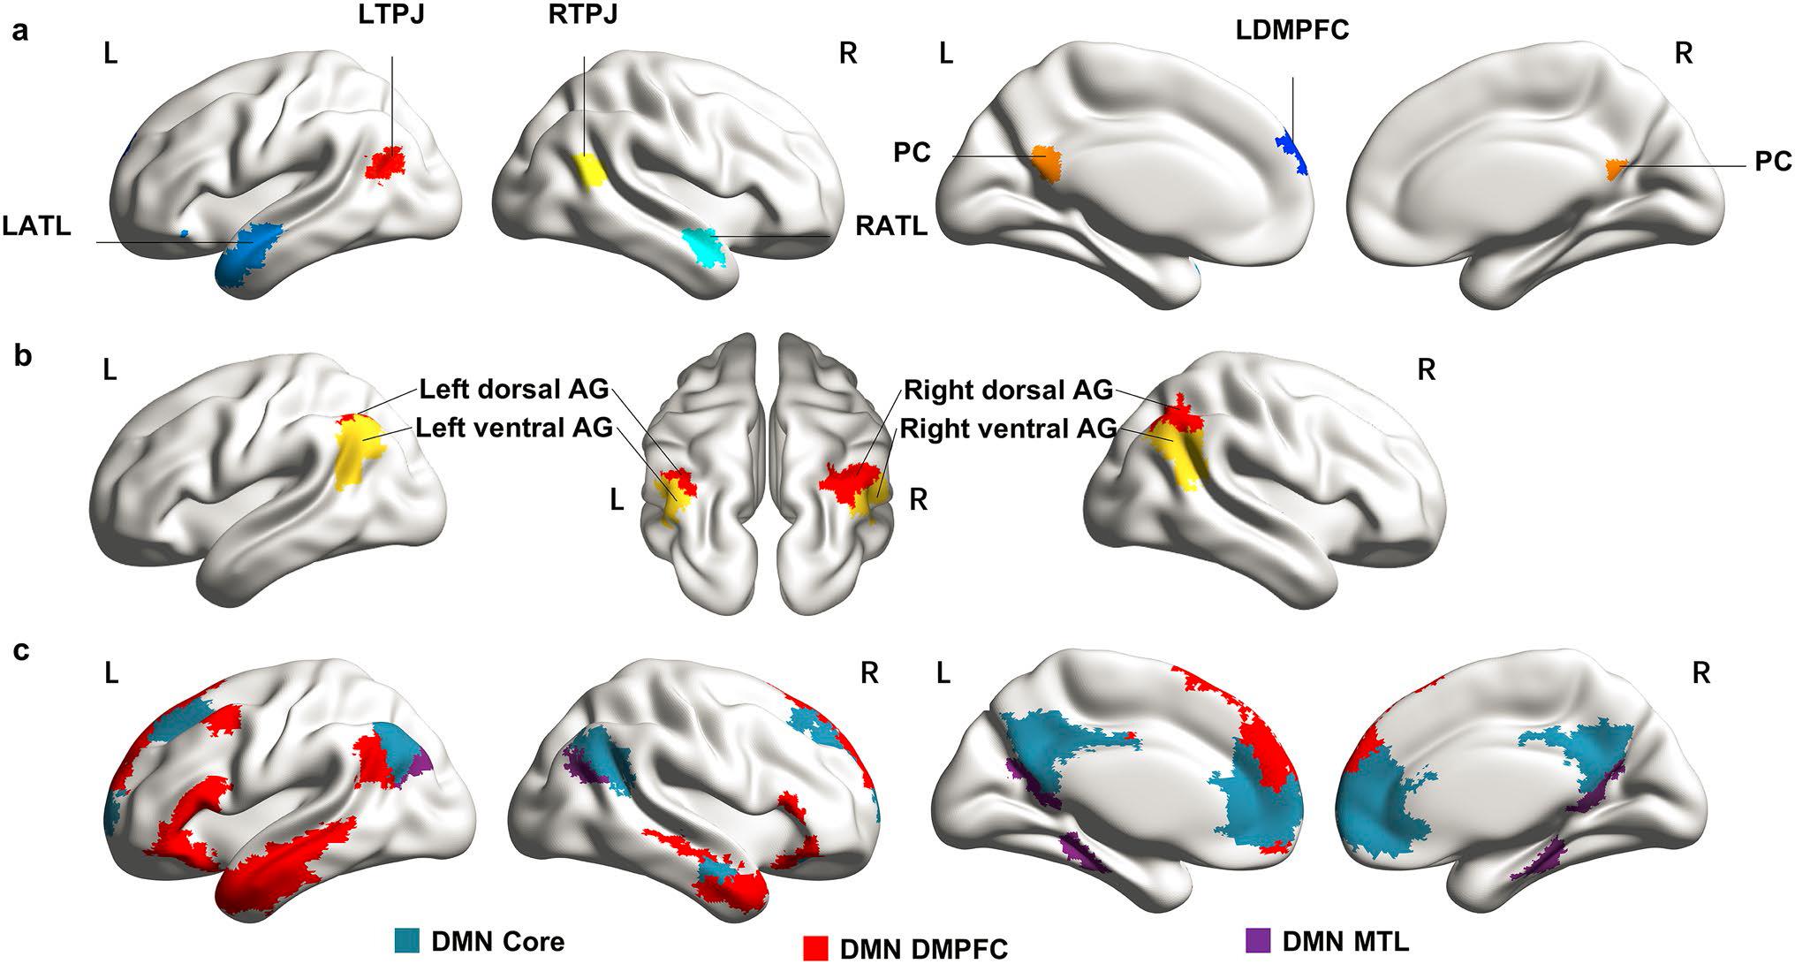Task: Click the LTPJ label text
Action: pos(392,16)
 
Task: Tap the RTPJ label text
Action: pos(581,16)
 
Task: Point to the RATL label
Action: pos(891,226)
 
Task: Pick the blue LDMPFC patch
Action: pos(1291,149)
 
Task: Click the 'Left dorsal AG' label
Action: pos(514,389)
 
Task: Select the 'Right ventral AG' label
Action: pos(1007,429)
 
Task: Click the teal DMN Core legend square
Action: pos(407,940)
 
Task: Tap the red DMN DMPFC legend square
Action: pos(816,947)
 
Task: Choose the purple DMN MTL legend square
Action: pos(1258,940)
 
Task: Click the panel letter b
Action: pos(22,358)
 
